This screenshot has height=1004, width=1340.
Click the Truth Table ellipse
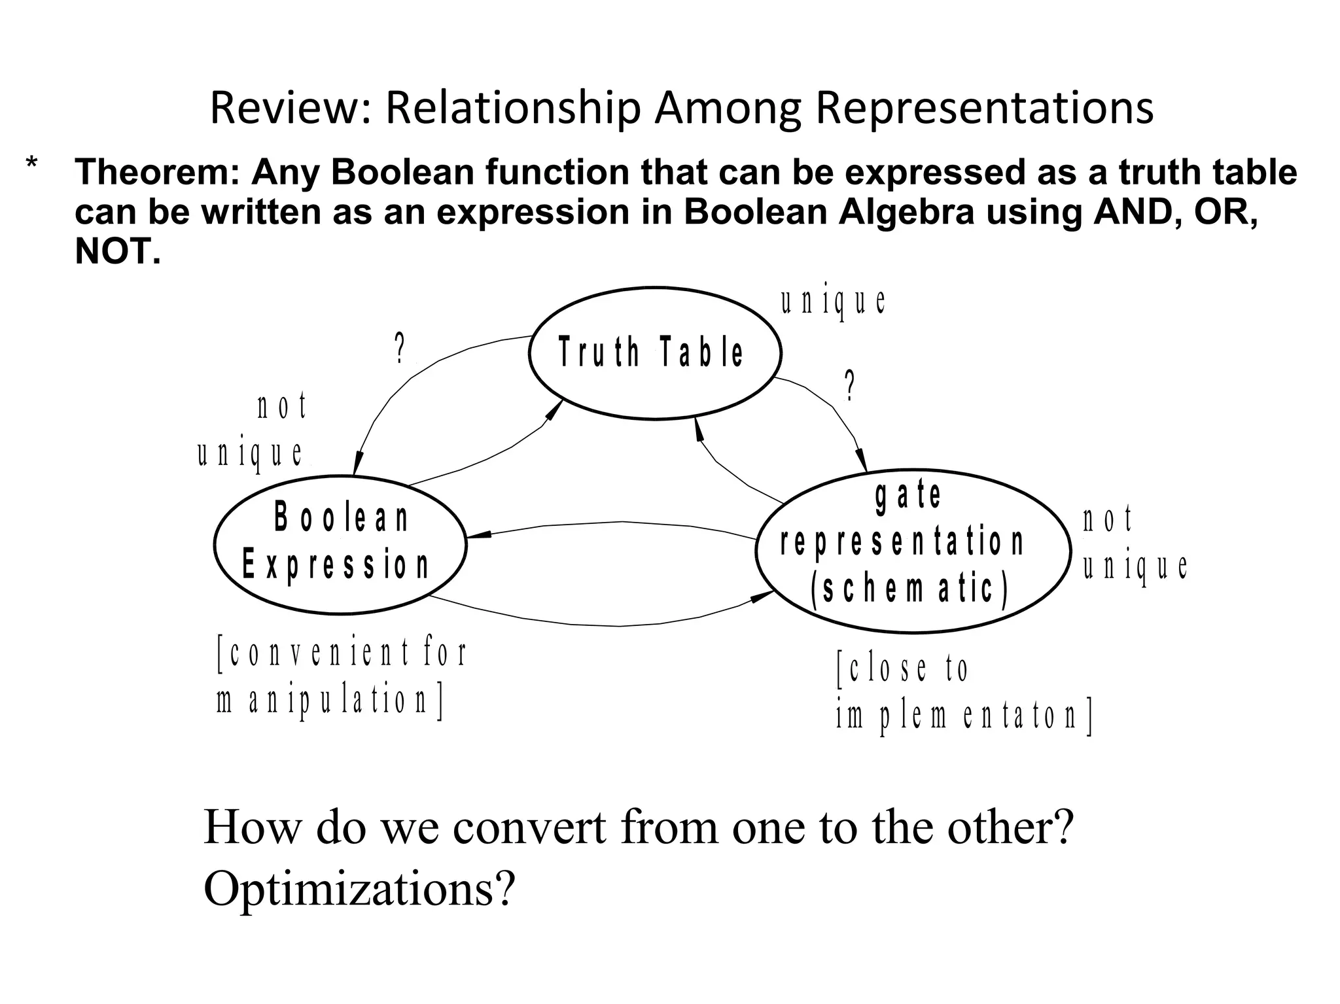654,353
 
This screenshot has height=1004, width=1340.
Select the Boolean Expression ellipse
340,544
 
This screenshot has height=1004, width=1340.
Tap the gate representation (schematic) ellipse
913,550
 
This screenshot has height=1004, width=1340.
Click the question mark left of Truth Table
400,349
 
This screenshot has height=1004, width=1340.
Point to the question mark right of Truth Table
849,385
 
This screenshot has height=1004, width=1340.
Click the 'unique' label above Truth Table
833,302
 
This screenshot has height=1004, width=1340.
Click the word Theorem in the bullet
158,173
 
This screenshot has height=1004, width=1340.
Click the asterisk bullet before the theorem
31,164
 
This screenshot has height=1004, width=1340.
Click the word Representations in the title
983,108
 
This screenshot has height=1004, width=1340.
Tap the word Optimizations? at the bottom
359,888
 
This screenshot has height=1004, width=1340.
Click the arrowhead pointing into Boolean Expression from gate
478,536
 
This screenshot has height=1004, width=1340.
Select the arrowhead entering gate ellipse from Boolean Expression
762,596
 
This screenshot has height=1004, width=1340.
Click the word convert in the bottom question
529,827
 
